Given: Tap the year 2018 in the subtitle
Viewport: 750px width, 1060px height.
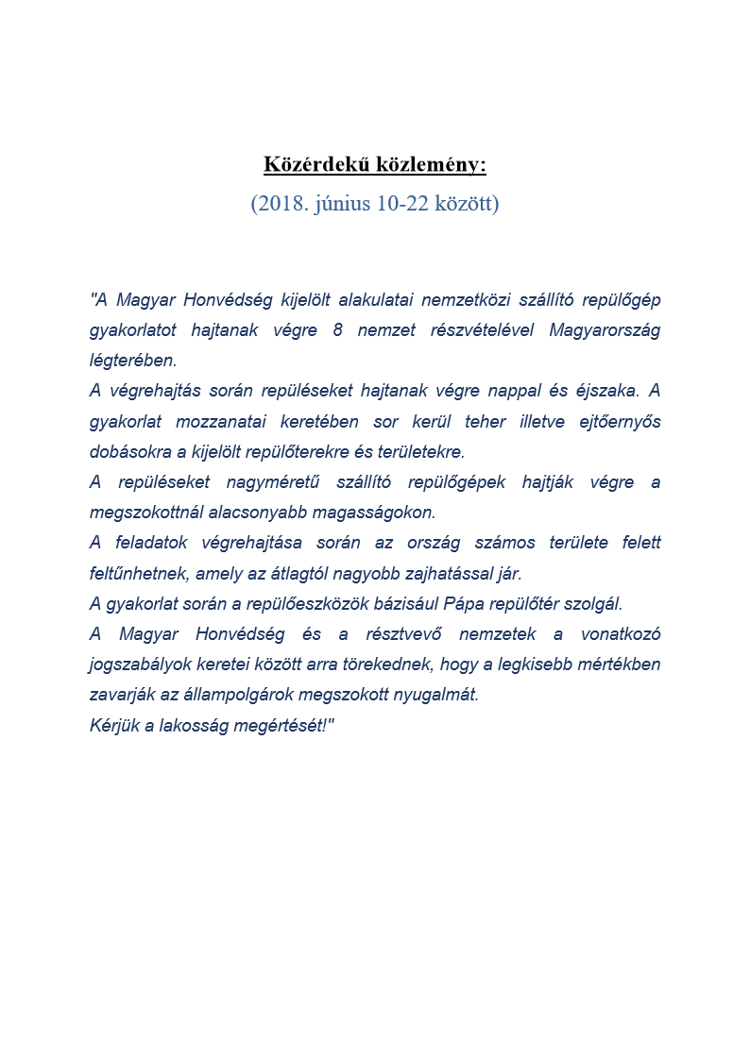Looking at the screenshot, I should [275, 203].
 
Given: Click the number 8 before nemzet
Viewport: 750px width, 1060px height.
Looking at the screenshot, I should [338, 331].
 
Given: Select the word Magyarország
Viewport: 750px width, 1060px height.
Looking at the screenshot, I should [605, 331].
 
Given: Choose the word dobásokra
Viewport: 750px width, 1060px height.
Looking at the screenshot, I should [125, 452].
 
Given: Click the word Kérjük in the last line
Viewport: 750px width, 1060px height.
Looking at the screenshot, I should [112, 724].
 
